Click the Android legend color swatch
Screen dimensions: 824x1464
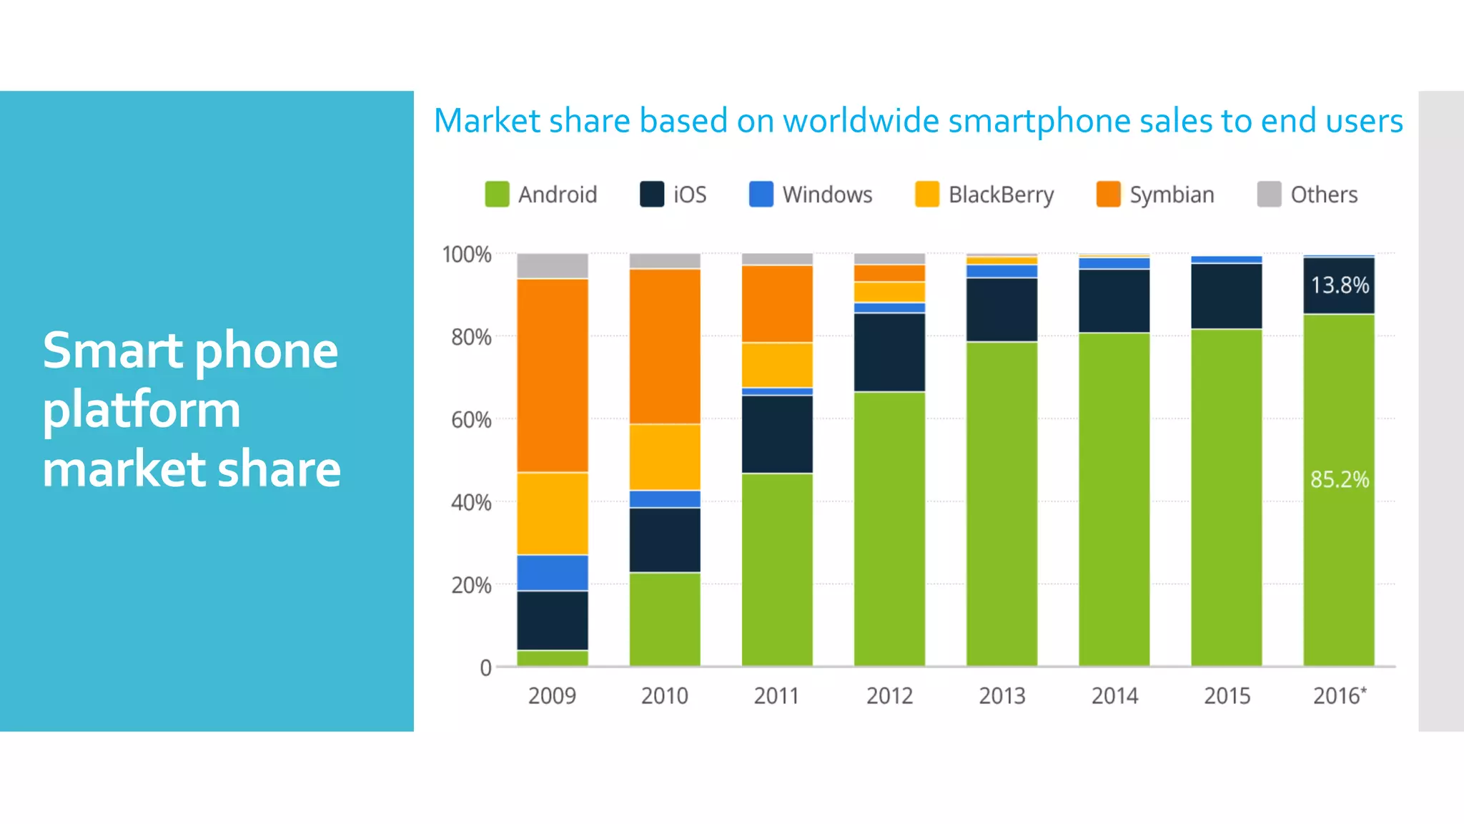point(497,194)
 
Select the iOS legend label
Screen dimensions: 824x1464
point(689,195)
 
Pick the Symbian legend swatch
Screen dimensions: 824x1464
point(1108,194)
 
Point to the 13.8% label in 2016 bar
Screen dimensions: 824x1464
point(1339,285)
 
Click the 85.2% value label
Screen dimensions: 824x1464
point(1339,479)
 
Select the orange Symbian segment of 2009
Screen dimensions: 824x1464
point(553,375)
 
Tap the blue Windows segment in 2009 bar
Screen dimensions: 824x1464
point(553,572)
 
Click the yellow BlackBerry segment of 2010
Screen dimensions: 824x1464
point(665,456)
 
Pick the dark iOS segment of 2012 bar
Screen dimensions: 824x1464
point(889,352)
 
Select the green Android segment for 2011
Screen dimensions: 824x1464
point(777,569)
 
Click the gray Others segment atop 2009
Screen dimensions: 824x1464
point(553,265)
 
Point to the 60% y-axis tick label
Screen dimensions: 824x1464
point(470,420)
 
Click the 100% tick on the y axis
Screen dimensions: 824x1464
point(466,255)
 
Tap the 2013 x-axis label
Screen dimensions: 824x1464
point(1001,696)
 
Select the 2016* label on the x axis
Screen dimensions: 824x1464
point(1339,696)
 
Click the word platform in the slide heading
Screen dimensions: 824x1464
point(142,409)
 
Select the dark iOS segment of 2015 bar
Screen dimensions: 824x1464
point(1227,295)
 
